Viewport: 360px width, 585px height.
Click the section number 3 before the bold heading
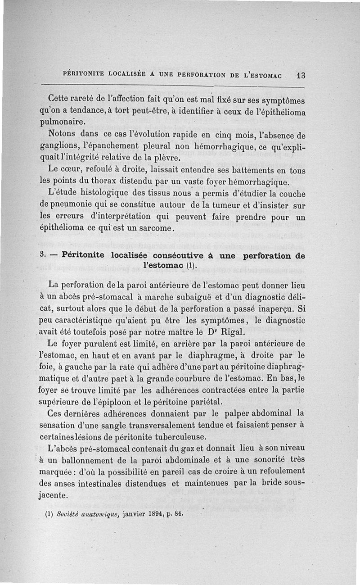point(42,255)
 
